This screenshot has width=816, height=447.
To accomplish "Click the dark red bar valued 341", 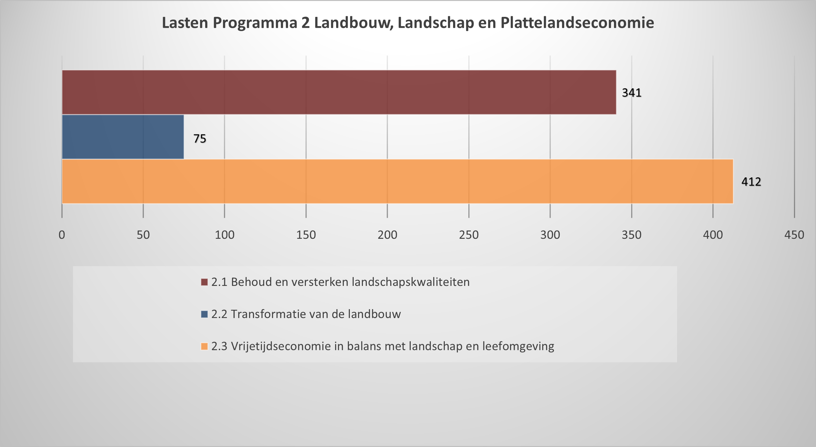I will point(339,92).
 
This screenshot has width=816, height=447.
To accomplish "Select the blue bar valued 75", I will point(123,137).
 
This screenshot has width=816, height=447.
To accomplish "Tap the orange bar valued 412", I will point(397,181).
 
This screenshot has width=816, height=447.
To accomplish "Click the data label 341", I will point(632,93).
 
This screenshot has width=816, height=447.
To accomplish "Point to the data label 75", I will point(200,138).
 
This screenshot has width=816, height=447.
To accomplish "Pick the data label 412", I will point(751,181).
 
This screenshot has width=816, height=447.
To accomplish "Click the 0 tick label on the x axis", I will point(62,235).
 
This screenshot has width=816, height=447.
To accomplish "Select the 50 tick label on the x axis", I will point(143,235).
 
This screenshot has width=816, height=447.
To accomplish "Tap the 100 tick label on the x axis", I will point(224,235).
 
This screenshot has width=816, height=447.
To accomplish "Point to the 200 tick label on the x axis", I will point(387,235).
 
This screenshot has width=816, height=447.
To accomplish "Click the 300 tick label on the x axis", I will point(550,235).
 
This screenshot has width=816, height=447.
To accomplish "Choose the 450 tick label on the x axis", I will point(794,235).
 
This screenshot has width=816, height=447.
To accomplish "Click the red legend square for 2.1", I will point(204,282).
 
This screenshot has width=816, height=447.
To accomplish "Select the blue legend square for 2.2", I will point(204,314).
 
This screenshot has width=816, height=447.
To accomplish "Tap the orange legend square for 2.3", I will point(204,346).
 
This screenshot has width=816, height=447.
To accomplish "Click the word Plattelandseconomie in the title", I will point(577,23).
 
